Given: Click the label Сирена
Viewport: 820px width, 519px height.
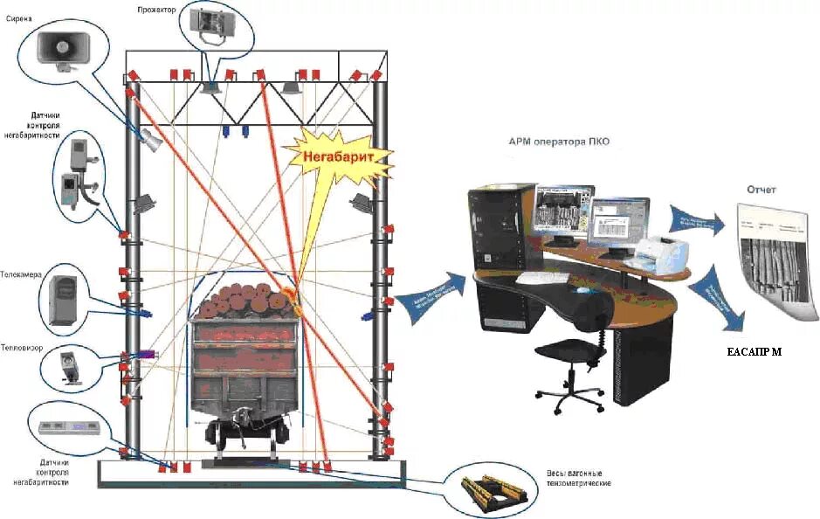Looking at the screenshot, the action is pyautogui.click(x=19, y=17).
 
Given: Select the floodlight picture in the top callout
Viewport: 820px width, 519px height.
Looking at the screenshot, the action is pyautogui.click(x=210, y=24).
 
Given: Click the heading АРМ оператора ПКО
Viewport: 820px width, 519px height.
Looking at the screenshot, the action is pyautogui.click(x=558, y=142).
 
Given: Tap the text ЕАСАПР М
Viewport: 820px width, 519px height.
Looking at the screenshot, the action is pyautogui.click(x=755, y=354).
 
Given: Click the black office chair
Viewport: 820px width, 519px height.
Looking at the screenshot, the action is pyautogui.click(x=572, y=358).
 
